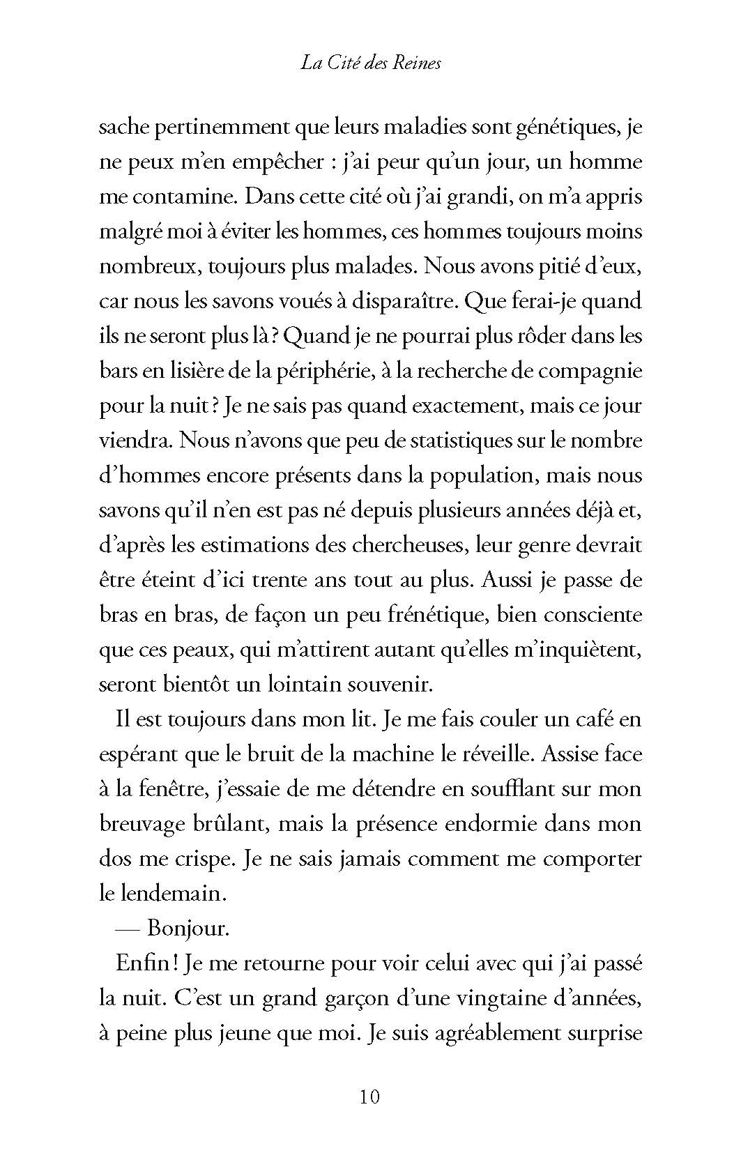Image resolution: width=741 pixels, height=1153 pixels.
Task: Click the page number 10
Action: pos(369,1097)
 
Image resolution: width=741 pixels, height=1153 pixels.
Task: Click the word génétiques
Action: pos(565,128)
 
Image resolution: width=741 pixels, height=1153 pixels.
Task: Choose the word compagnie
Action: pos(586,371)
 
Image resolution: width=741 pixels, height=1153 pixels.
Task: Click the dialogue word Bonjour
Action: pos(188,929)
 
